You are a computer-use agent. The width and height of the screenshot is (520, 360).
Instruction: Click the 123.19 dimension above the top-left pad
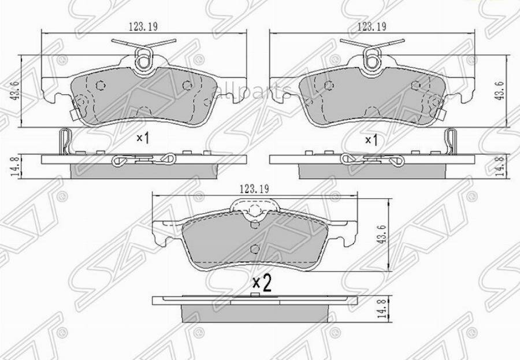[144, 26]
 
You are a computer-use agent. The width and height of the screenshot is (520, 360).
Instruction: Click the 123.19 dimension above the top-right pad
[371, 26]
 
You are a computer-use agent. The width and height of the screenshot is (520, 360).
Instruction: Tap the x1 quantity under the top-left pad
[143, 138]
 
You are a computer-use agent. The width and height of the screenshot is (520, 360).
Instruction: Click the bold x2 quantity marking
[262, 283]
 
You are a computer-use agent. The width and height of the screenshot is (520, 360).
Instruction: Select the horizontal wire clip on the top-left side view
[144, 159]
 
